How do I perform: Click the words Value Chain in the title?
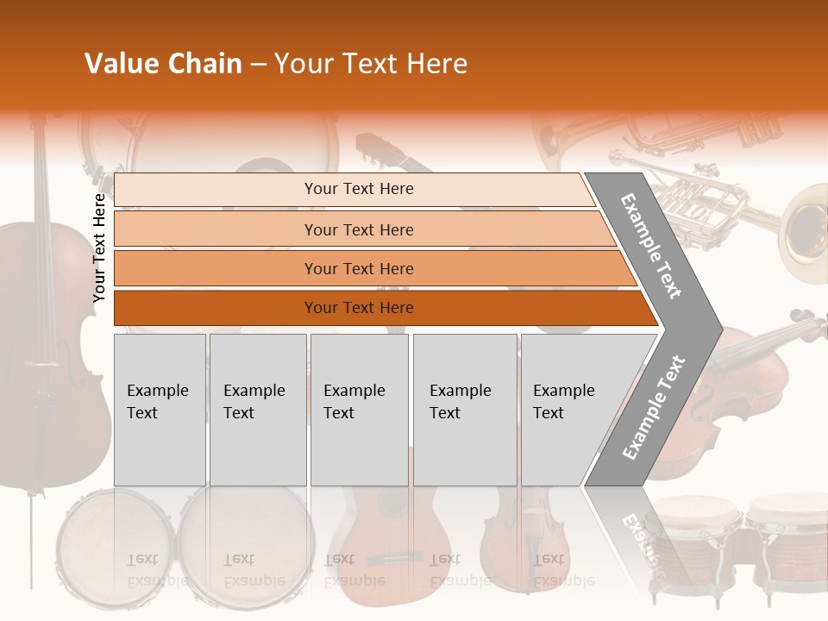coord(163,64)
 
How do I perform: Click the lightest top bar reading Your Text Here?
coord(358,189)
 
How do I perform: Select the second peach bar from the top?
coord(358,229)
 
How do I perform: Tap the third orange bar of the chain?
coord(358,268)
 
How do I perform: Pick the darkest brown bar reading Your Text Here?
coord(358,308)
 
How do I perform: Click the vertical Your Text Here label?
coord(99,248)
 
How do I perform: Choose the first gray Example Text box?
coord(160,410)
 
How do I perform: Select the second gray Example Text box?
coord(257,410)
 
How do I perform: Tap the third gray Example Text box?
coord(359,410)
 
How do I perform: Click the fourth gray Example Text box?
coord(464,410)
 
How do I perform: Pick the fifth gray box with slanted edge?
coord(569,410)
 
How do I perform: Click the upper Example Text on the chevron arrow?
coord(652,246)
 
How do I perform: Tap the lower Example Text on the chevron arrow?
coord(654,407)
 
